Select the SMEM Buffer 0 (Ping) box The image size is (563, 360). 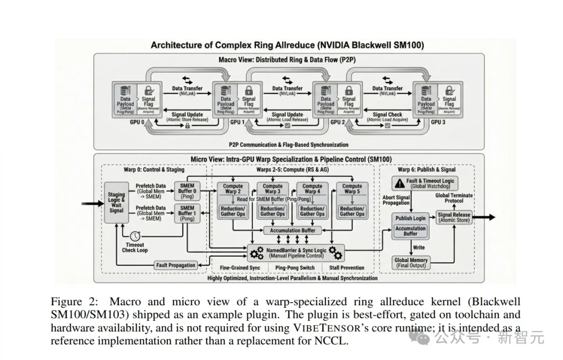187,191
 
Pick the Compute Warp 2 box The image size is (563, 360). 233,189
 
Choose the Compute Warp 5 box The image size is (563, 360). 352,189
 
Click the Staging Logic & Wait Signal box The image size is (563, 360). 116,203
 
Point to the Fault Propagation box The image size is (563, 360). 176,265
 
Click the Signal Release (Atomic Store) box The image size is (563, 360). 454,217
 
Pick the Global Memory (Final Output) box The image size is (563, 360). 411,263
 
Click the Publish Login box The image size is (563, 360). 410,218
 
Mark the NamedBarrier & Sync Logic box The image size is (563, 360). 295,253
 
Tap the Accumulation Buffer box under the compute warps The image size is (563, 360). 292,230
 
